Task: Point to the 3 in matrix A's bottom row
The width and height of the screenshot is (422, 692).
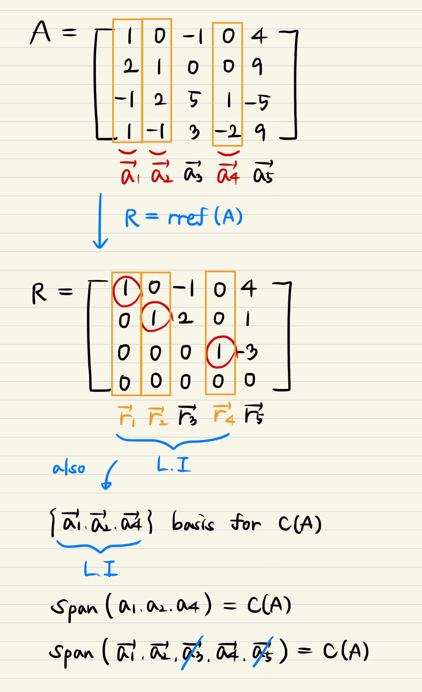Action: tap(194, 132)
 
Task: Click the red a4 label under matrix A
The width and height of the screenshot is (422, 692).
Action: tap(228, 173)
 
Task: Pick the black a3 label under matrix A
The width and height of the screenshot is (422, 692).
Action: tap(193, 172)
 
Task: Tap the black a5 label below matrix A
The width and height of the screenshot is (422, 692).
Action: tap(263, 173)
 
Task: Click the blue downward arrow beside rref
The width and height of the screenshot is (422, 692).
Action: tap(100, 221)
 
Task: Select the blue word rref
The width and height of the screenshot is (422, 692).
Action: tap(188, 217)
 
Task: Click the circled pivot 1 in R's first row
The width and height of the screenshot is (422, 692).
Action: tap(126, 290)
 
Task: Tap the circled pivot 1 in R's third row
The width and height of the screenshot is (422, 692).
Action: tap(219, 352)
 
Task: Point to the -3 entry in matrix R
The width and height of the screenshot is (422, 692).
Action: tap(248, 352)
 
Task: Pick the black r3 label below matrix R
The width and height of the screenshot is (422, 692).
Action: tap(187, 416)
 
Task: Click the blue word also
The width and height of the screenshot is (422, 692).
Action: tap(69, 468)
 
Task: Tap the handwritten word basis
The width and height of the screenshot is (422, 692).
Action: tap(193, 523)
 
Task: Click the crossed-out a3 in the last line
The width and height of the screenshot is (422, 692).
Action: tap(192, 652)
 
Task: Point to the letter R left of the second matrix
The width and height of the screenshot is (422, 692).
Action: tap(39, 293)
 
